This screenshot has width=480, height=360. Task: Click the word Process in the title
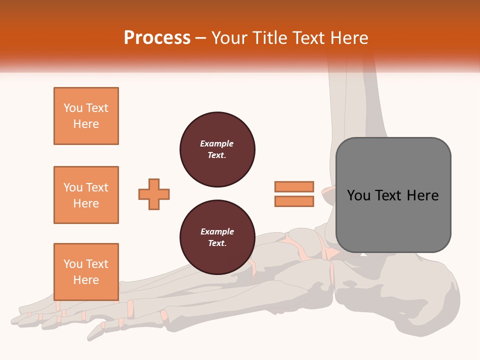(x=157, y=38)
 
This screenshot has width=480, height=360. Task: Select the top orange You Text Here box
(x=86, y=116)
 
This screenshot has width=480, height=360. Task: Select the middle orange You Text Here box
(x=86, y=195)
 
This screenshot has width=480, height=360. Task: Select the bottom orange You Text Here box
(x=86, y=271)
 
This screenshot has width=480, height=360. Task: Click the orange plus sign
(x=154, y=194)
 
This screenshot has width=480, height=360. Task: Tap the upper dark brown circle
(x=217, y=149)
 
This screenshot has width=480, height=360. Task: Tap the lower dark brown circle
(x=217, y=237)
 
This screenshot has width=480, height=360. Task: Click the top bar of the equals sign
(x=294, y=186)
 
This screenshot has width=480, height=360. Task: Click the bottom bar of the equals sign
(x=294, y=201)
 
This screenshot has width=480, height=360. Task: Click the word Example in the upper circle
(x=217, y=144)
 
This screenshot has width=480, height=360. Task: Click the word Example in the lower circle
(x=217, y=232)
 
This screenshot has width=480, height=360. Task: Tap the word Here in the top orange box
(x=86, y=124)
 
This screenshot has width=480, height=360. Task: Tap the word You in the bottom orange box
(x=72, y=264)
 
